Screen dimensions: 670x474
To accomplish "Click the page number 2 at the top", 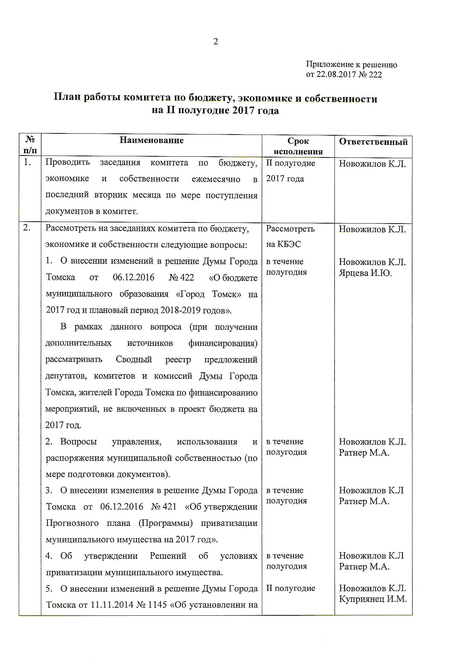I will [216, 42].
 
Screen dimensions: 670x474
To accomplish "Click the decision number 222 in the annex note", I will [375, 75].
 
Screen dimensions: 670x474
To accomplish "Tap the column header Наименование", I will [151, 140].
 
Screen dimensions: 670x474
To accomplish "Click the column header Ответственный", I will [373, 142].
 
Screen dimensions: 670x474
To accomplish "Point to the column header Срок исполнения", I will [298, 146].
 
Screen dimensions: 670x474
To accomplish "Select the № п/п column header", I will [30, 145].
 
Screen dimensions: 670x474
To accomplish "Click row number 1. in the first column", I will [27, 162].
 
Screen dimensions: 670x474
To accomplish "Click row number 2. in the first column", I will [27, 228].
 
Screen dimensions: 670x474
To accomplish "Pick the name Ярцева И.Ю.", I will [365, 273].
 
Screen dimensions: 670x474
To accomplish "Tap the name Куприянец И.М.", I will [373, 599].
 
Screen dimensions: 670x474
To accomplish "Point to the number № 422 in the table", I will [181, 277].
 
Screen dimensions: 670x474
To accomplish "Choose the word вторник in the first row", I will [110, 195].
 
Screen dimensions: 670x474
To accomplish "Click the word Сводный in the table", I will [134, 360].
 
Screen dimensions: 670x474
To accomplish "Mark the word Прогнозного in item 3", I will [72, 523].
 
